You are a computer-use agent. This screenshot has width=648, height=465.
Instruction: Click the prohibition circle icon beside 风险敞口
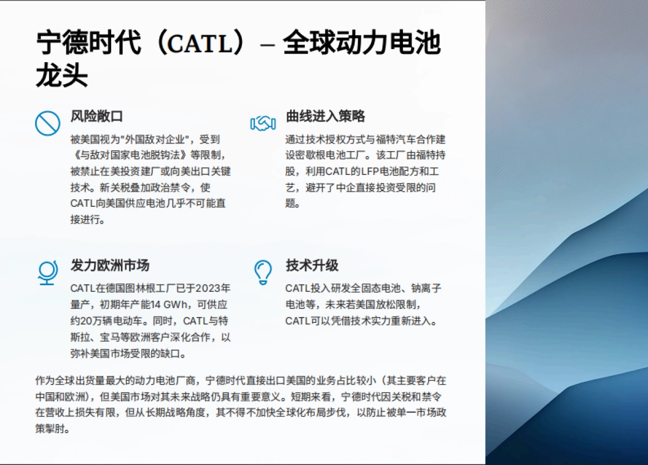coord(48,123)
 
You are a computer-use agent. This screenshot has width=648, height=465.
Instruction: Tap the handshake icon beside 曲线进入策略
coord(263,123)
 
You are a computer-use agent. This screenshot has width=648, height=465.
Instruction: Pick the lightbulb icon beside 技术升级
coord(263,272)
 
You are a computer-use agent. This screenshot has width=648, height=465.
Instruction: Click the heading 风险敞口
coord(97,116)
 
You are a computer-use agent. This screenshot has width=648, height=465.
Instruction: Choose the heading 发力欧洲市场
coord(110,266)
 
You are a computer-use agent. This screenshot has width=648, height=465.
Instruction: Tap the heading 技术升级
coord(312,266)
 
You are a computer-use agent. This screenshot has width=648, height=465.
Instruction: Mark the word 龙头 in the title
coord(62,76)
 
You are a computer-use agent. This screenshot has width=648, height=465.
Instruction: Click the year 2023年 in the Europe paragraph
coord(213,288)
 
